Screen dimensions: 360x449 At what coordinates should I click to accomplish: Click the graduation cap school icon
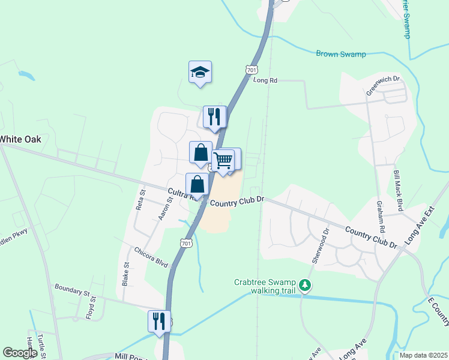200,73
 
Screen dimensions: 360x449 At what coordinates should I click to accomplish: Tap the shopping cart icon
223,160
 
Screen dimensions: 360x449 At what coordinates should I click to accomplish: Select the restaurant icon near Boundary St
159,320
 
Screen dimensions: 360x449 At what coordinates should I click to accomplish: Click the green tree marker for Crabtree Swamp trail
306,284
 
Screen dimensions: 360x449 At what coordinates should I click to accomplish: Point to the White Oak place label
20,139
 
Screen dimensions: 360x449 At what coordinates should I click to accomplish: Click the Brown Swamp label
341,54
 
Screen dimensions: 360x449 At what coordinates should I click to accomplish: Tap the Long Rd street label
265,80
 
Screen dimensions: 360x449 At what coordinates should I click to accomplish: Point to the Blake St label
126,273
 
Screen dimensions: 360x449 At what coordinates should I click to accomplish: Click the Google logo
20,353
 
